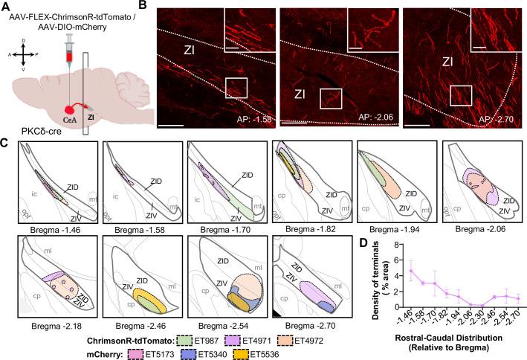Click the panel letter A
6,7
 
